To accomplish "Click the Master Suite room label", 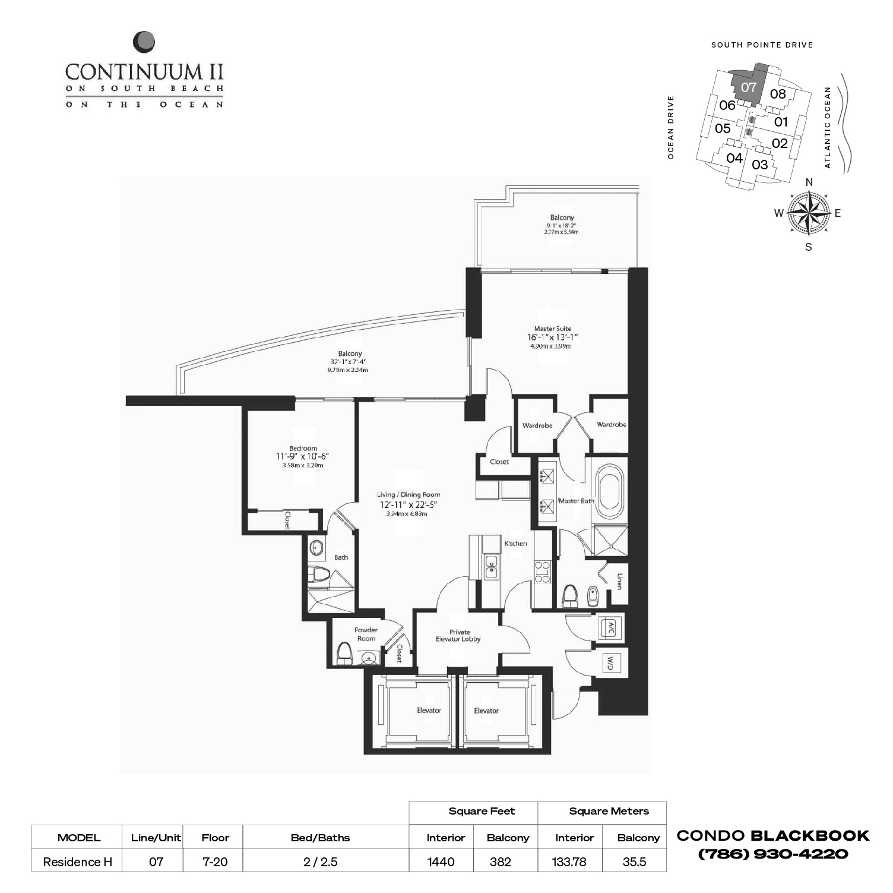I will [x=552, y=329].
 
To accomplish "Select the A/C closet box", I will [x=609, y=628].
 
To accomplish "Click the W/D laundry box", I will [x=609, y=663].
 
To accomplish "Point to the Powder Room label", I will [x=366, y=634].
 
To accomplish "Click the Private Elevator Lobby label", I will [x=458, y=636].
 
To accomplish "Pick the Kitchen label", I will [x=515, y=544].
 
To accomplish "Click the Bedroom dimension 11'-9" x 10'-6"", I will [x=302, y=456].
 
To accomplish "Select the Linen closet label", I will [x=619, y=582].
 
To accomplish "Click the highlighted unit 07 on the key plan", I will [x=748, y=87].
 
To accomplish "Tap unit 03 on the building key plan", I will [x=759, y=165].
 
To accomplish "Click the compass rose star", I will [x=808, y=213].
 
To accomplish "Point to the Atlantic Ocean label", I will [x=827, y=127].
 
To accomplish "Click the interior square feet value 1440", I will [x=441, y=862].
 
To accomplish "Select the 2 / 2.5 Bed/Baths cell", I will [x=320, y=862].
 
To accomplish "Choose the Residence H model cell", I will [x=77, y=862].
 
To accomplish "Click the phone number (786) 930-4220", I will [x=772, y=854].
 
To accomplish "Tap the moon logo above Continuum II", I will [x=144, y=42].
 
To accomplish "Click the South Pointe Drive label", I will [x=762, y=45].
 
